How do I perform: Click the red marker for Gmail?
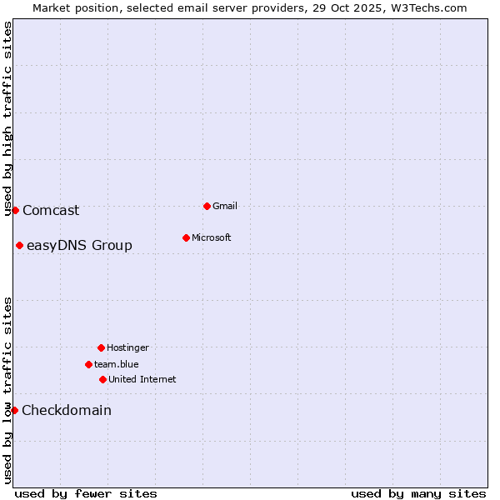pos(207,206)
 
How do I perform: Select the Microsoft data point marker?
pos(186,237)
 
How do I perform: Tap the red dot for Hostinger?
pos(101,347)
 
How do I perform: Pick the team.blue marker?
pos(88,364)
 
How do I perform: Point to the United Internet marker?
pos(102,379)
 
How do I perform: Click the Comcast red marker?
pos(15,210)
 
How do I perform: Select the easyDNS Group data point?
pos(19,245)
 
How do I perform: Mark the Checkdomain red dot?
pos(14,410)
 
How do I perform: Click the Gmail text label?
pos(225,206)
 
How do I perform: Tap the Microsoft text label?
pos(212,237)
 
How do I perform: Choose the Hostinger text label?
pos(127,347)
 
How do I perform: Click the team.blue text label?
pos(117,364)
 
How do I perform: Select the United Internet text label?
pos(142,379)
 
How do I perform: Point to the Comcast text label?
pos(51,210)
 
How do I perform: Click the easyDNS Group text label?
pos(79,245)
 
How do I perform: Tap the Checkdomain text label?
pos(67,410)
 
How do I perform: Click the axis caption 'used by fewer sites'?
pos(86,493)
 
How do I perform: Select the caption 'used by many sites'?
pos(418,493)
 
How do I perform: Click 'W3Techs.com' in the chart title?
pos(426,7)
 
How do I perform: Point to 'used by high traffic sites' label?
pos(7,118)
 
